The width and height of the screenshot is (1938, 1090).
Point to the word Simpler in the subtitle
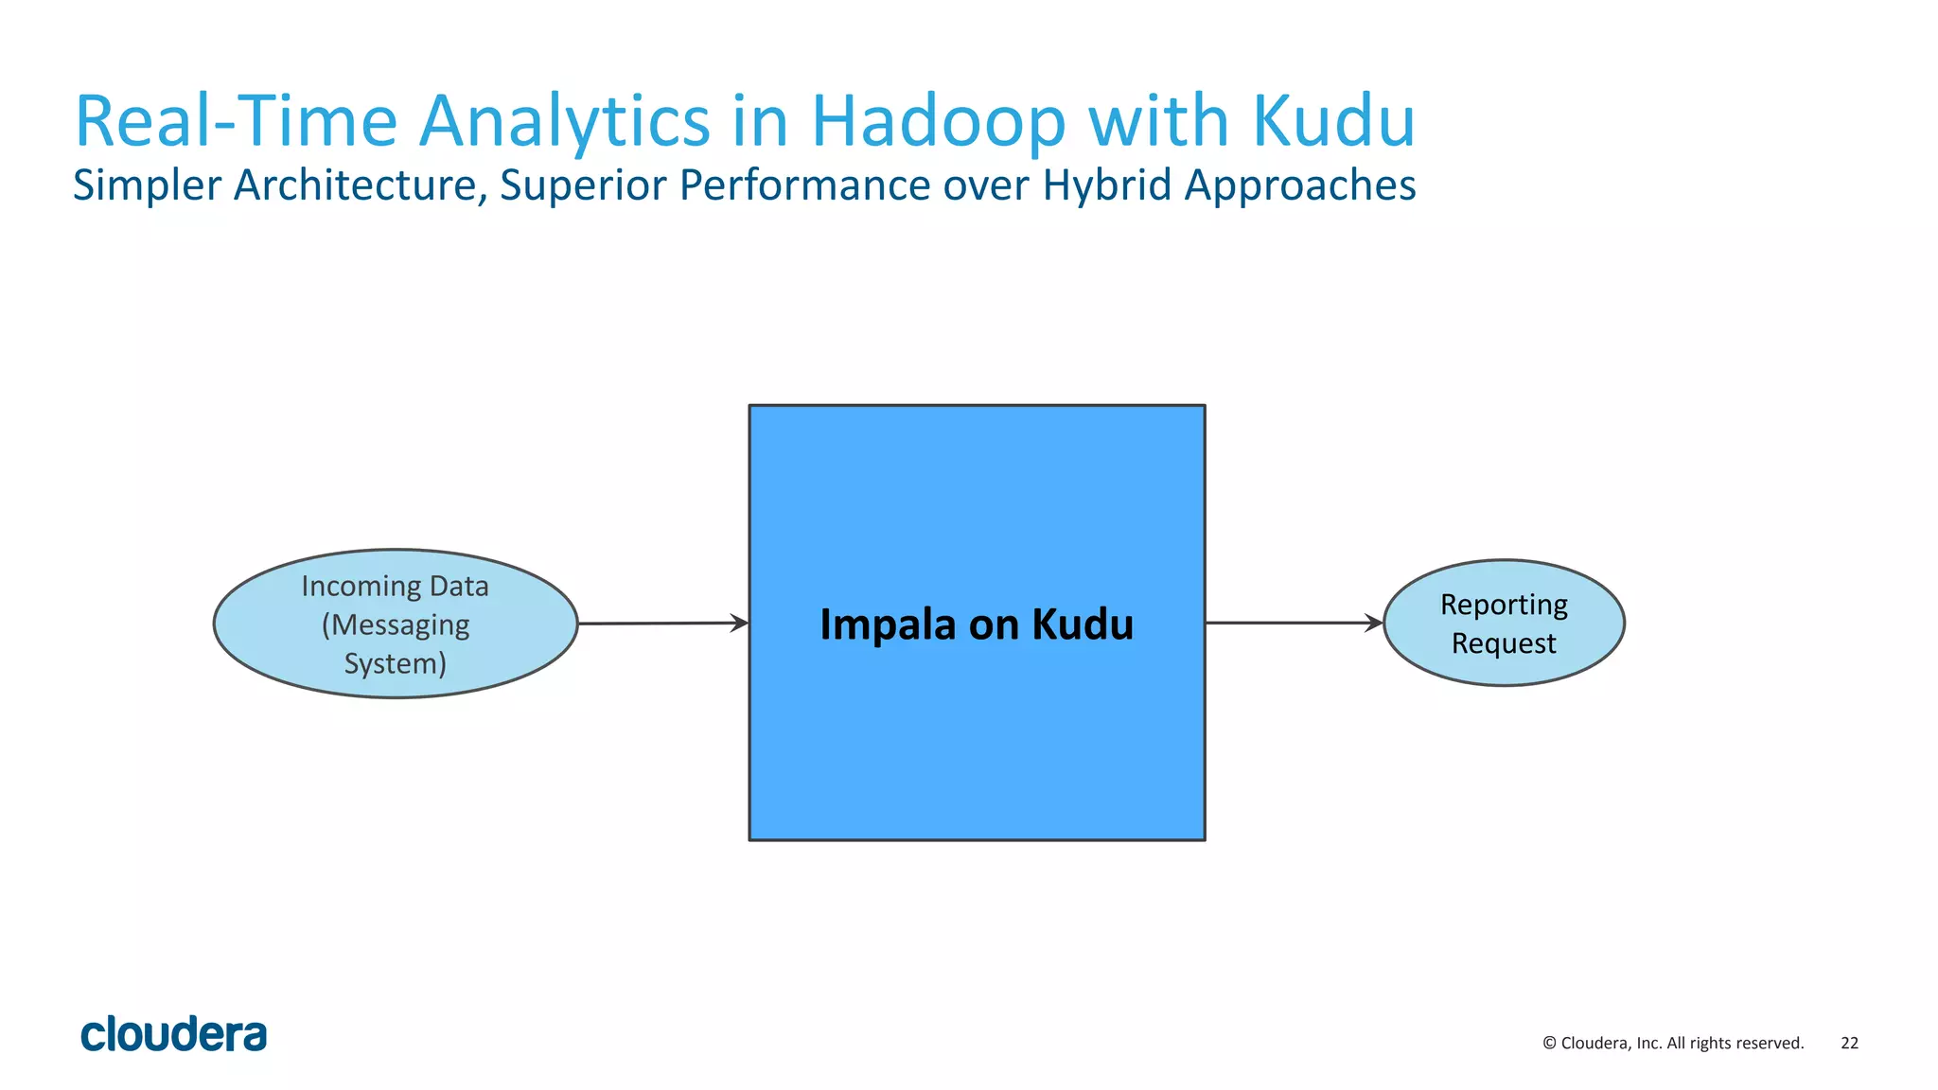pyautogui.click(x=147, y=185)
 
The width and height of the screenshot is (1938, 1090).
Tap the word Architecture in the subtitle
pyautogui.click(x=361, y=185)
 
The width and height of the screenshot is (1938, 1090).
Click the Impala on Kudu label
pyautogui.click(x=977, y=624)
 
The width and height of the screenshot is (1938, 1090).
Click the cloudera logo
pyautogui.click(x=174, y=1035)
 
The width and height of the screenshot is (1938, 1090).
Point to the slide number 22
pyautogui.click(x=1849, y=1043)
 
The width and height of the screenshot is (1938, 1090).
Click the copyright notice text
pyautogui.click(x=1673, y=1043)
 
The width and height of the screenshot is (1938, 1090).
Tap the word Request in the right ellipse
pyautogui.click(x=1504, y=643)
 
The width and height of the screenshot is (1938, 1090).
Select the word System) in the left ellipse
pyautogui.click(x=395, y=663)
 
